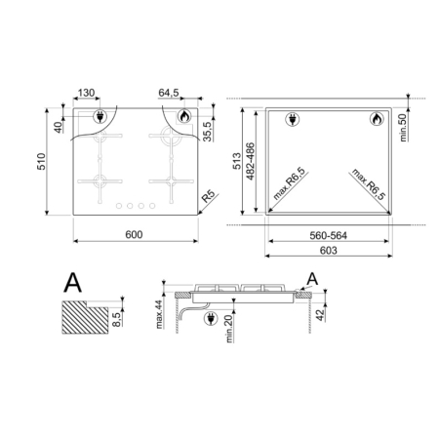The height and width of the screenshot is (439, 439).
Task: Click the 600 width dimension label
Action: point(134,234)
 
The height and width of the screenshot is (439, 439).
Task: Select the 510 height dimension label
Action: point(41,161)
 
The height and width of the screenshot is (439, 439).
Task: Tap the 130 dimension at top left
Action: point(86,93)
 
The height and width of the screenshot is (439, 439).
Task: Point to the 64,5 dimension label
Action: point(169,93)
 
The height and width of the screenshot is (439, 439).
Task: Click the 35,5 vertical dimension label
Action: point(207,132)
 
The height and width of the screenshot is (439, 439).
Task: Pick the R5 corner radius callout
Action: point(209,196)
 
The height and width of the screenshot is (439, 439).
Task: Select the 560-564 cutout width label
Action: point(329,235)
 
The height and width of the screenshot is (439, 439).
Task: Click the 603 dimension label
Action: point(329,251)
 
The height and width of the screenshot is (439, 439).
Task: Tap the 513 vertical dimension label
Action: point(237,161)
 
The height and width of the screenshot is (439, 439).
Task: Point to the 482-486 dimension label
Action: point(251,161)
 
